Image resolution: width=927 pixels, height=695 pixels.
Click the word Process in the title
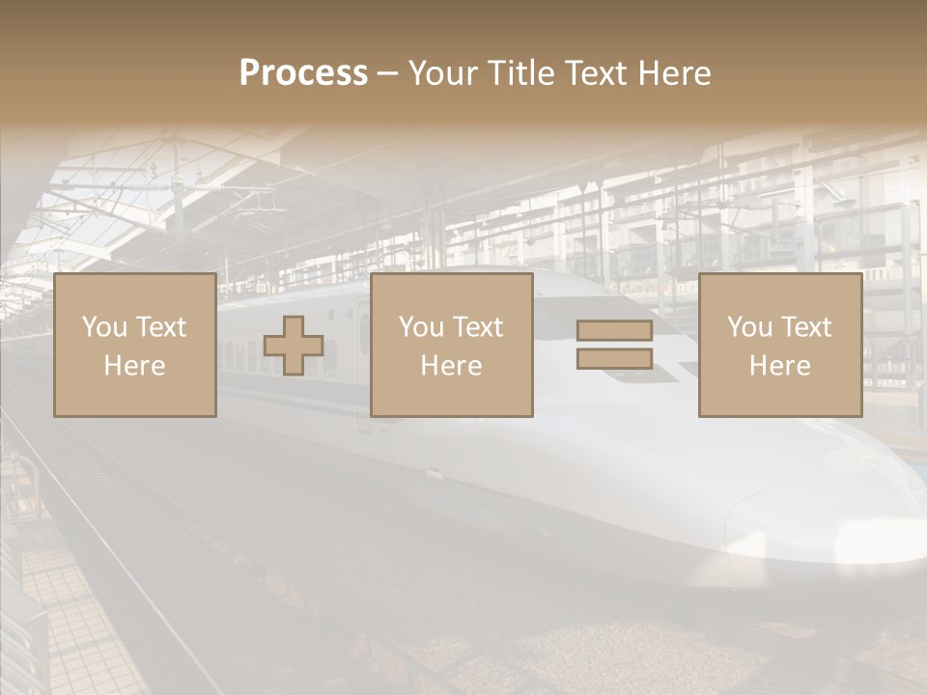[303, 73]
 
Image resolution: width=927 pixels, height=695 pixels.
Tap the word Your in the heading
[445, 73]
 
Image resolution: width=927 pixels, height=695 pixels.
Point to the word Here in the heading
[677, 73]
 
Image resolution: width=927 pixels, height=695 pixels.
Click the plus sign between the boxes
[294, 346]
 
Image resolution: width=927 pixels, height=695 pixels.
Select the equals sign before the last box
[614, 345]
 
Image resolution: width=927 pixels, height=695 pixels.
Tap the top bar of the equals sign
[614, 330]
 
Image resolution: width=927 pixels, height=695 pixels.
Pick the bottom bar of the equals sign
[614, 358]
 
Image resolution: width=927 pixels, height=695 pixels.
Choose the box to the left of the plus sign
[134, 345]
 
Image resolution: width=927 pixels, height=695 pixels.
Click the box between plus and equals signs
[451, 345]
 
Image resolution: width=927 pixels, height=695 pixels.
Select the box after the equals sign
[779, 345]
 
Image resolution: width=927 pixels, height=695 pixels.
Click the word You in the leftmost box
[103, 327]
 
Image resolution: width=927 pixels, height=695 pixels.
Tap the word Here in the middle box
[451, 366]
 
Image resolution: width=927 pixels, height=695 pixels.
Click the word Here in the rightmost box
[779, 366]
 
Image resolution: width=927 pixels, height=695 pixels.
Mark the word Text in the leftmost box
[161, 327]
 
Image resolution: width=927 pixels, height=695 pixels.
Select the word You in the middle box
[420, 327]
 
